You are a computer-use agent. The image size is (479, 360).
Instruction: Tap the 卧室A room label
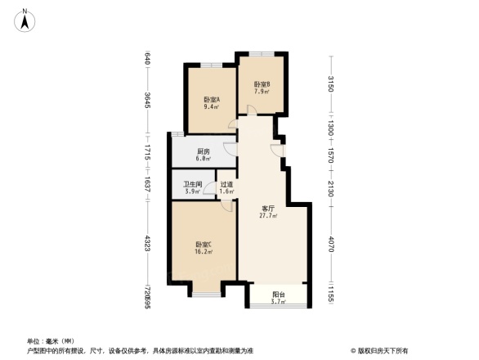pos(211,101)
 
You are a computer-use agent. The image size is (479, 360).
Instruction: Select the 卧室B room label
pos(262,84)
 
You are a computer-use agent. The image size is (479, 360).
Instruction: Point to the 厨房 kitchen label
pos(204,151)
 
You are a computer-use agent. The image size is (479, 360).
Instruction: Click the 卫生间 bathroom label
pos(193,185)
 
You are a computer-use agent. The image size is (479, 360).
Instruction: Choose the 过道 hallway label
pos(226,185)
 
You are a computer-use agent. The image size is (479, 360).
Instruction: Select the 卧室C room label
pos(204,245)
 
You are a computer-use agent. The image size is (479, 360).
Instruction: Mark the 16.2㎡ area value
pos(204,252)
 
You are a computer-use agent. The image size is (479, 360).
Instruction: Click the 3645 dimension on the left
pos(147,101)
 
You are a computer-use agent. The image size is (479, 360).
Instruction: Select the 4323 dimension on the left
pos(147,243)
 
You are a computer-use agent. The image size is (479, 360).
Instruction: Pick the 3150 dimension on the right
pos(330,84)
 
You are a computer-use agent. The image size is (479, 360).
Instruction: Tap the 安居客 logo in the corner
pos(383,349)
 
